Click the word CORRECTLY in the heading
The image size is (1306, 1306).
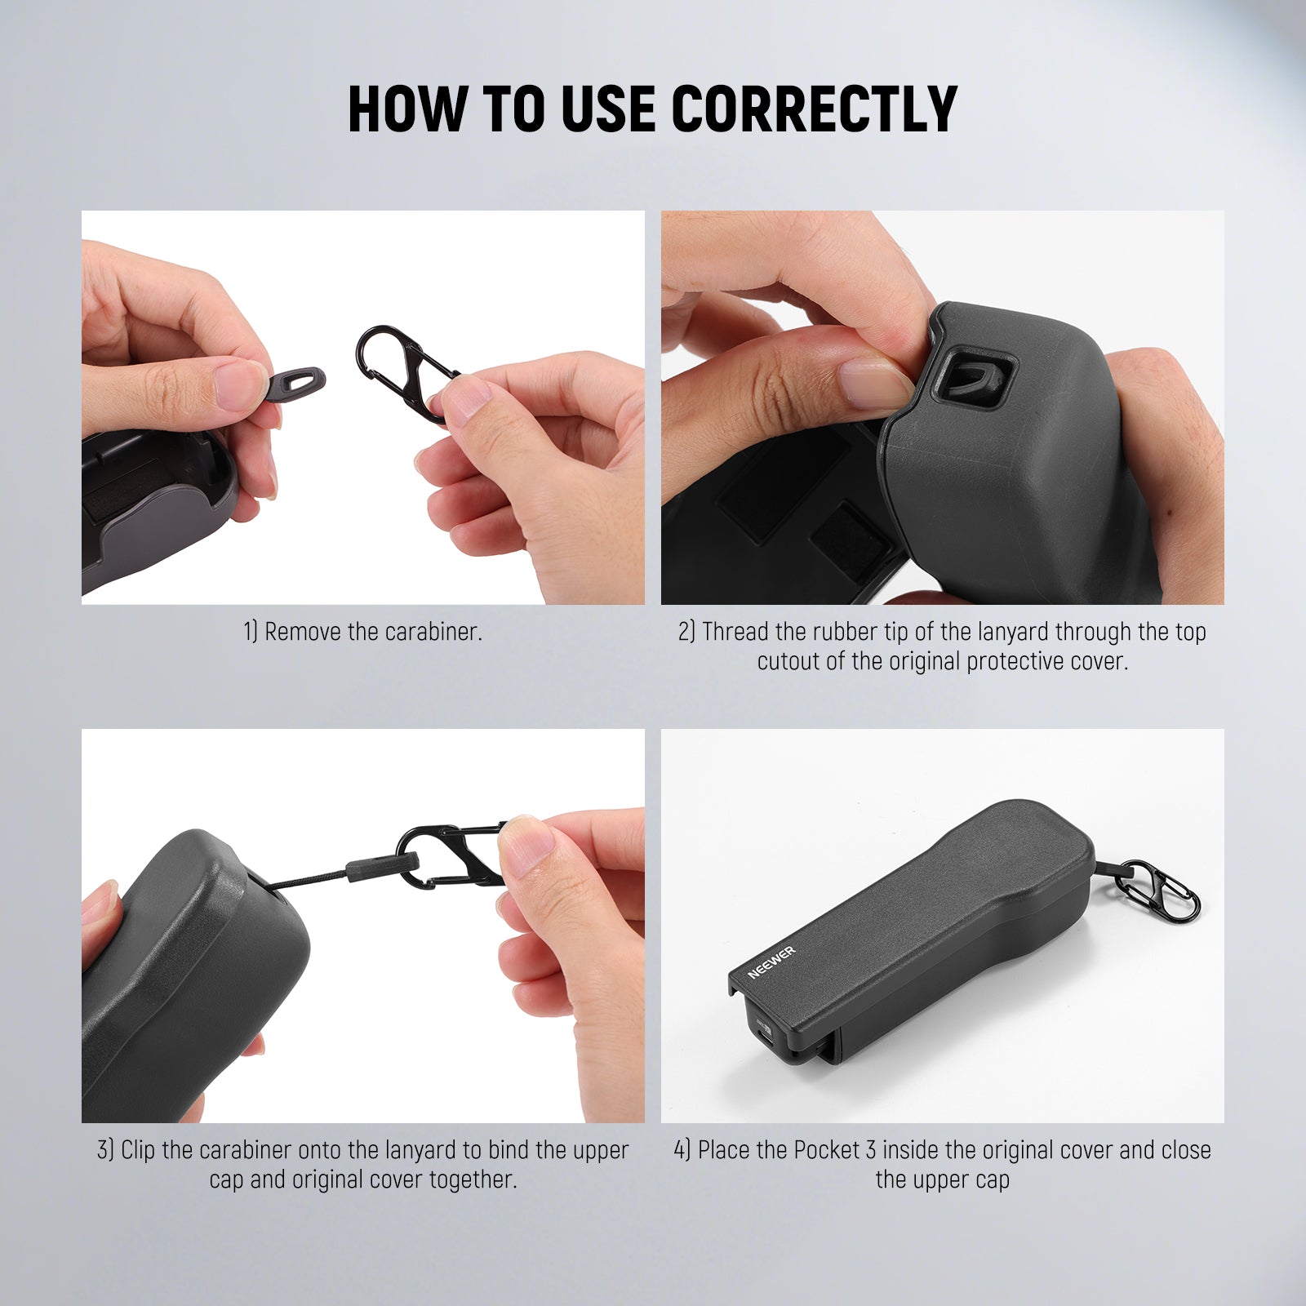tap(814, 109)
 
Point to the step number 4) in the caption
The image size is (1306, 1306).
tap(682, 1150)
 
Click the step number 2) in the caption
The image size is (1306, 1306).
tap(686, 632)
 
